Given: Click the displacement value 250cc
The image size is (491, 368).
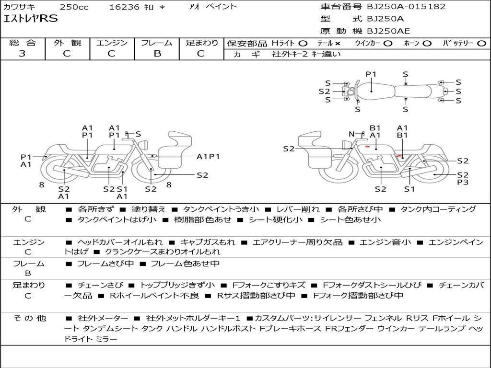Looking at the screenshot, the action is point(74,7).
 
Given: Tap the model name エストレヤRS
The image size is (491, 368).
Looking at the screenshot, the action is point(30,19).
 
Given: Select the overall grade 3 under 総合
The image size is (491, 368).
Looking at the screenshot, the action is point(22,54).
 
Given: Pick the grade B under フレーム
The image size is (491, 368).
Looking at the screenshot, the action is point(157,54).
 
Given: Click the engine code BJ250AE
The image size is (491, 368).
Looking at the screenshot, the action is point(388,31).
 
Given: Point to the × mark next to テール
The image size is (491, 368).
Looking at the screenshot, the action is point(337,44).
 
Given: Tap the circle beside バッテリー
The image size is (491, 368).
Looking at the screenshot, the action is point(481,44).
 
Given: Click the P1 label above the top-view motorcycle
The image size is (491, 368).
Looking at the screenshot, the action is point(371,74).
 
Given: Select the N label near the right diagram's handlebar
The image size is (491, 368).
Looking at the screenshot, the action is point(351,134).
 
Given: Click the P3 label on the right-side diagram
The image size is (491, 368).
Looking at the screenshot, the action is point(463,182).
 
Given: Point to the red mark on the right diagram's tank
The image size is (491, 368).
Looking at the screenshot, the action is point(367,147).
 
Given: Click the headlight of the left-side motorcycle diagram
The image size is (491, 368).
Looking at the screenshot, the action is point(144,145).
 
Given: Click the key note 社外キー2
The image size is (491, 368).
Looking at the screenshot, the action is point(290,54).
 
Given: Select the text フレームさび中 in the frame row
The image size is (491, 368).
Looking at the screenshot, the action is point(105,264).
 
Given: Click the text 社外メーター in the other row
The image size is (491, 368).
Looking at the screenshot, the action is point(103,318).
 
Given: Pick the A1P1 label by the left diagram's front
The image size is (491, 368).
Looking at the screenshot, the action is point(208,157).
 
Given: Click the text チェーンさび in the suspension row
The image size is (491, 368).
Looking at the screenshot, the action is point(100,285).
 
